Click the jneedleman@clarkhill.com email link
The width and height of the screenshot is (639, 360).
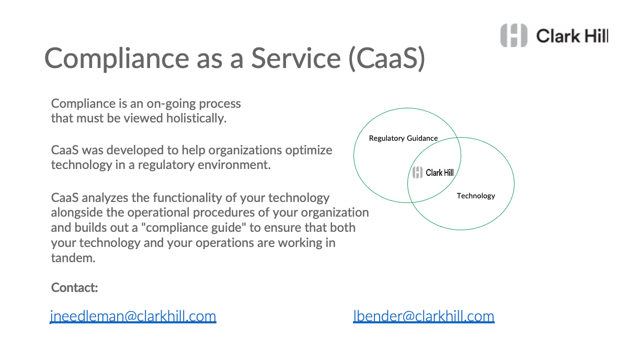pyautogui.click(x=133, y=317)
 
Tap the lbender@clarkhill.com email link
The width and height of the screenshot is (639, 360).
pyautogui.click(x=424, y=317)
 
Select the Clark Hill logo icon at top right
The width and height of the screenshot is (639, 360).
pyautogui.click(x=514, y=36)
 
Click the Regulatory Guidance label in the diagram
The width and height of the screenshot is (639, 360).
pyautogui.click(x=403, y=139)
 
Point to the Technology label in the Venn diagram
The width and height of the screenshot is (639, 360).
pyautogui.click(x=476, y=196)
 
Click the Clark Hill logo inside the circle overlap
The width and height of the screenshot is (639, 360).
pyautogui.click(x=433, y=173)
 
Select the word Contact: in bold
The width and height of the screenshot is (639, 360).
pyautogui.click(x=74, y=287)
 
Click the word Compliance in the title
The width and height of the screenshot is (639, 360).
pyautogui.click(x=117, y=59)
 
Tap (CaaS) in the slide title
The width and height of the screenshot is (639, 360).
pyautogui.click(x=387, y=59)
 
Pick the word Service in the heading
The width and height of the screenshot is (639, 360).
pyautogui.click(x=296, y=58)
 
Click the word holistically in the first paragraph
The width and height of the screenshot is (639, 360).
pyautogui.click(x=197, y=118)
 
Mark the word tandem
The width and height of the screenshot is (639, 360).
pyautogui.click(x=73, y=258)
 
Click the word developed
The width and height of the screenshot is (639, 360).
pyautogui.click(x=136, y=150)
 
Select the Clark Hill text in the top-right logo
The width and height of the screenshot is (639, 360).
pyautogui.click(x=572, y=36)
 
